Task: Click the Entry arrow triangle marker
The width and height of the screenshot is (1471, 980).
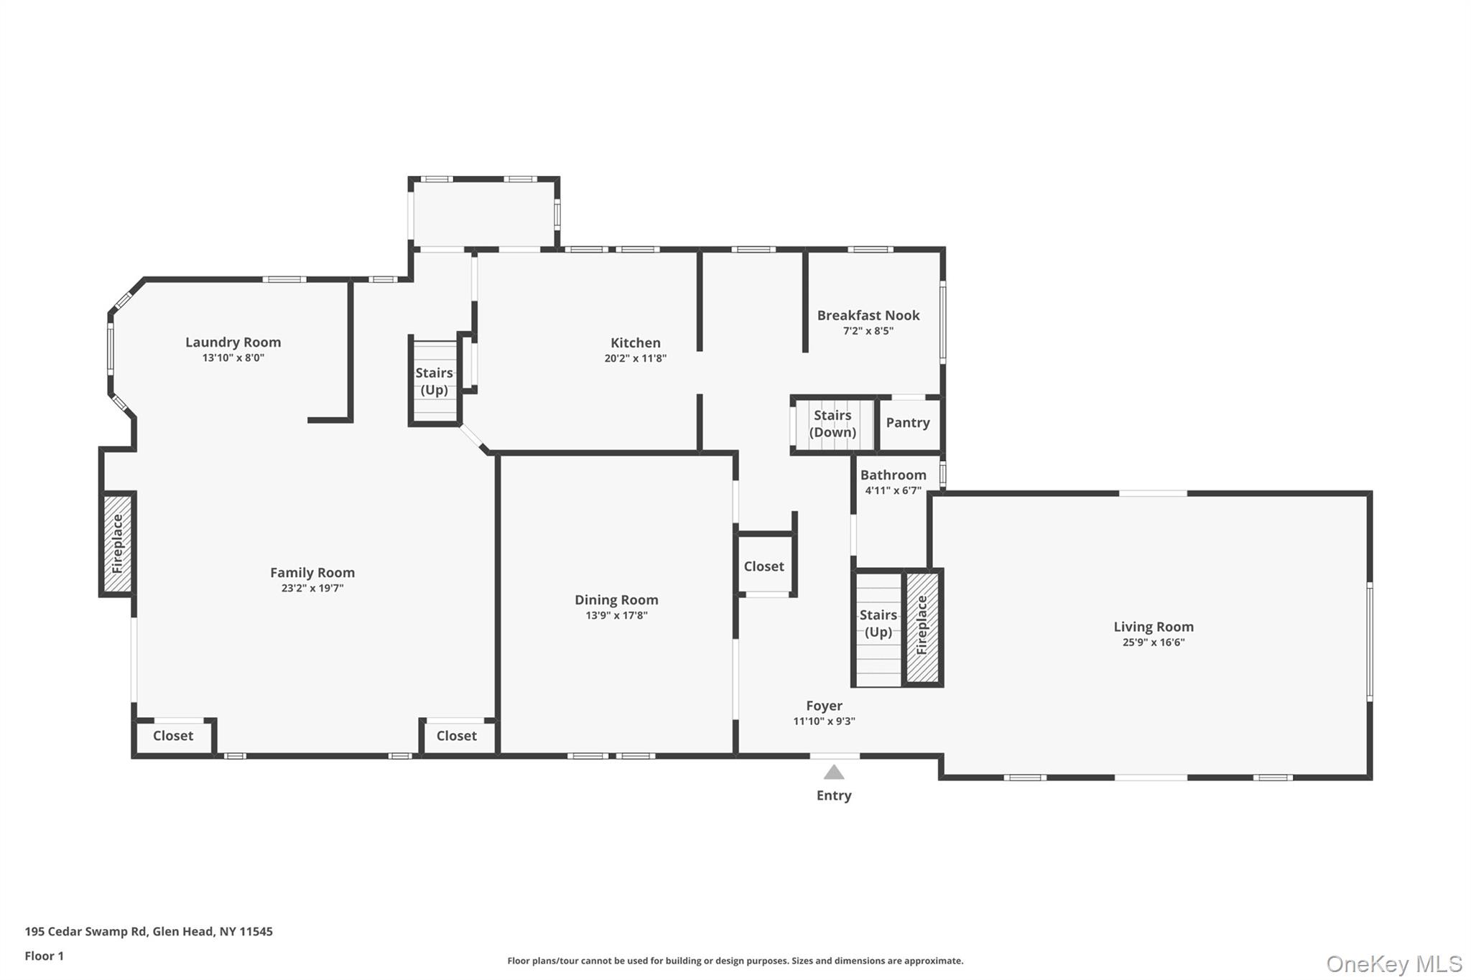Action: point(833,773)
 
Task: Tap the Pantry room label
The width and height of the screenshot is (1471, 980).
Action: point(907,423)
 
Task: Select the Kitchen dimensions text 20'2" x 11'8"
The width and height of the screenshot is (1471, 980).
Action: point(635,358)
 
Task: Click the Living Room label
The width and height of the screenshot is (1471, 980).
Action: point(1153,627)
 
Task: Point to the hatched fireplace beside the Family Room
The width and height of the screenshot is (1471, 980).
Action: point(118,543)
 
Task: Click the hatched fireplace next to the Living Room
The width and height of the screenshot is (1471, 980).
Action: point(922,627)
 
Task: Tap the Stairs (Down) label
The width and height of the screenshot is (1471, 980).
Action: point(832,424)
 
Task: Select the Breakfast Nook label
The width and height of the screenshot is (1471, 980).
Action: point(868,315)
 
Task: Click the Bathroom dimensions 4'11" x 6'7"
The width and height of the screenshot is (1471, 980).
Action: point(892,491)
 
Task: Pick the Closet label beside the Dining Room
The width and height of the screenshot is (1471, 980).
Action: point(764,566)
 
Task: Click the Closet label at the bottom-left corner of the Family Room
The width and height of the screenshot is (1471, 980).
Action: point(173,736)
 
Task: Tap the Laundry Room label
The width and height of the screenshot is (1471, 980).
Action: point(233,342)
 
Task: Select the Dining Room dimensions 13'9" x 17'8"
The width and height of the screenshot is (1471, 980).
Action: point(616,615)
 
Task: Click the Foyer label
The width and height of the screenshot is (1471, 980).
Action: point(824,706)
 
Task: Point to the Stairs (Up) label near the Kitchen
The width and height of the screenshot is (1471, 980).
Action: point(434,381)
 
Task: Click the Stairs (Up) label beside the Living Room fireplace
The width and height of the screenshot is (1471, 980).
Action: point(878,623)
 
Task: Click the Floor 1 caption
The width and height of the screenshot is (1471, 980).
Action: point(44,956)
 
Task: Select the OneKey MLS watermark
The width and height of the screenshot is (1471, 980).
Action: point(1393,963)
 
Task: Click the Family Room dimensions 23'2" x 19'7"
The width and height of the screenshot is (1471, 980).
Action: point(312,588)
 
